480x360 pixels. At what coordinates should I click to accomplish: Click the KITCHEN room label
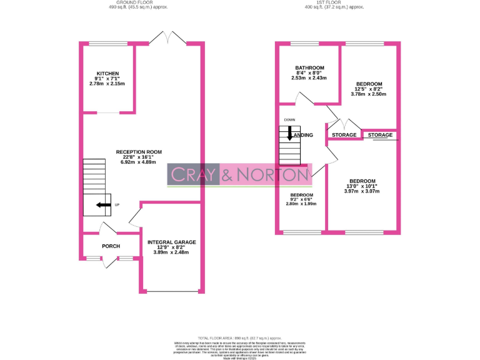click(104, 72)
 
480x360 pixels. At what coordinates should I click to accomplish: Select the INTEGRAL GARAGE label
click(171, 242)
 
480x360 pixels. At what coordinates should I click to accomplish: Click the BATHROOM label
click(309, 67)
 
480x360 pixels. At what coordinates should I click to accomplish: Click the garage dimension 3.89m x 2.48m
click(171, 252)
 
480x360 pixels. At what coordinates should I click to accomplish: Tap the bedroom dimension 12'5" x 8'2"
click(369, 89)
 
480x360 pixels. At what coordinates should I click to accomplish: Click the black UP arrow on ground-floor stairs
click(101, 204)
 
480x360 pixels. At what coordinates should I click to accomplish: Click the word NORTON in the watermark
click(272, 176)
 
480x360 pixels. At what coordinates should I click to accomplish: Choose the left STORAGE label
click(344, 135)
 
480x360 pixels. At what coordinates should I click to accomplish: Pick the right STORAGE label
click(380, 135)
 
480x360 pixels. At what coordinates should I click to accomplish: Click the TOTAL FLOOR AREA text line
click(240, 337)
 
